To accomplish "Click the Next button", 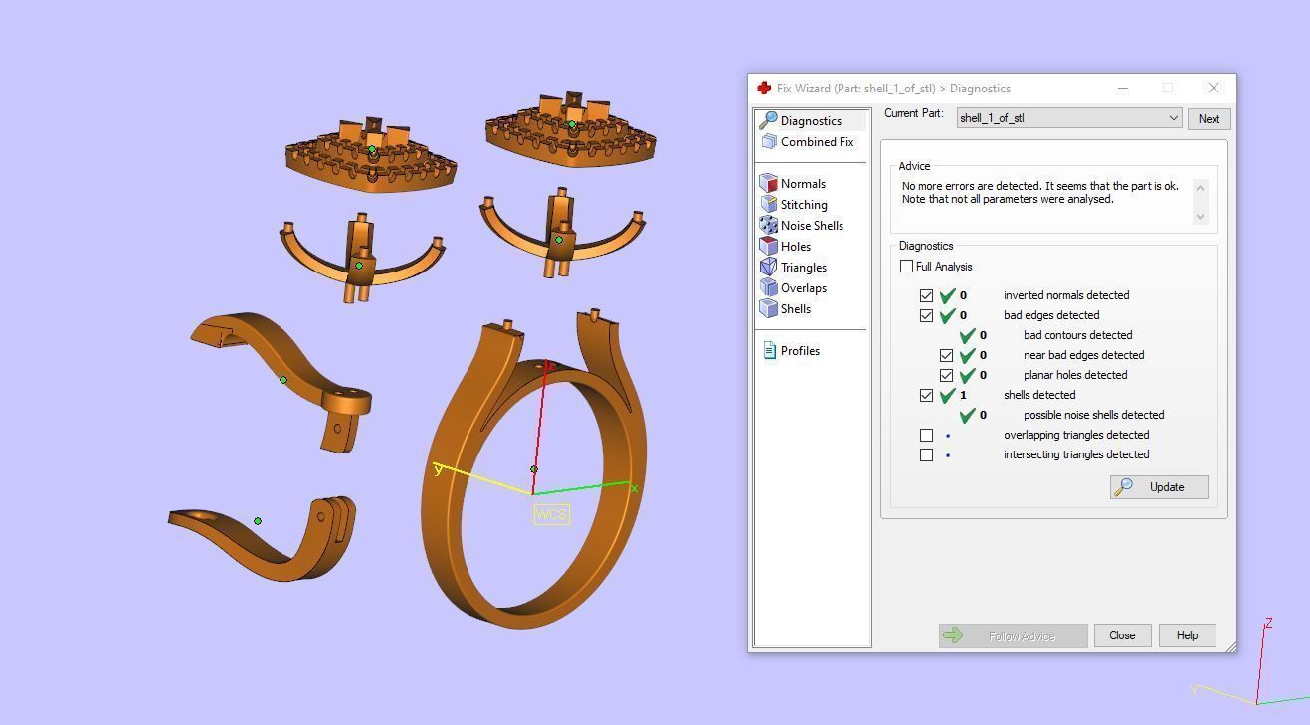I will [x=1209, y=119].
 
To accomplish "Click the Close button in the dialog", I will [x=1122, y=635].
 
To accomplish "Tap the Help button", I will [x=1187, y=635].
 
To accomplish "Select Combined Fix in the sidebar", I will [x=816, y=142].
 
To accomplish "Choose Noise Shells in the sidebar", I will [x=811, y=226].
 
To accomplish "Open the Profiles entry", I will [x=799, y=351].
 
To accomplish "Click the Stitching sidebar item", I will [x=803, y=205].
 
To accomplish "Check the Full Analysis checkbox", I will [x=906, y=267].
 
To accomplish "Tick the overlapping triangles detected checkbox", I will [x=926, y=435].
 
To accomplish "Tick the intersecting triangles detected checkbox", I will [x=926, y=454].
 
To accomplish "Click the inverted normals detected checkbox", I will [x=926, y=295].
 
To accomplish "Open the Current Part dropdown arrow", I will [x=1174, y=119].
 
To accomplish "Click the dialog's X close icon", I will [x=1213, y=89].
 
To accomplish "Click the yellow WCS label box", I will [x=552, y=514].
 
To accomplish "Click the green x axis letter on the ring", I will [x=634, y=488].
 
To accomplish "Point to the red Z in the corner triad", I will [x=1268, y=624].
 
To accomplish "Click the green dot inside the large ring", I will [x=534, y=469].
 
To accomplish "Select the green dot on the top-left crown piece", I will [x=372, y=150].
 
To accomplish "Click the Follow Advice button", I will [x=1013, y=635].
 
